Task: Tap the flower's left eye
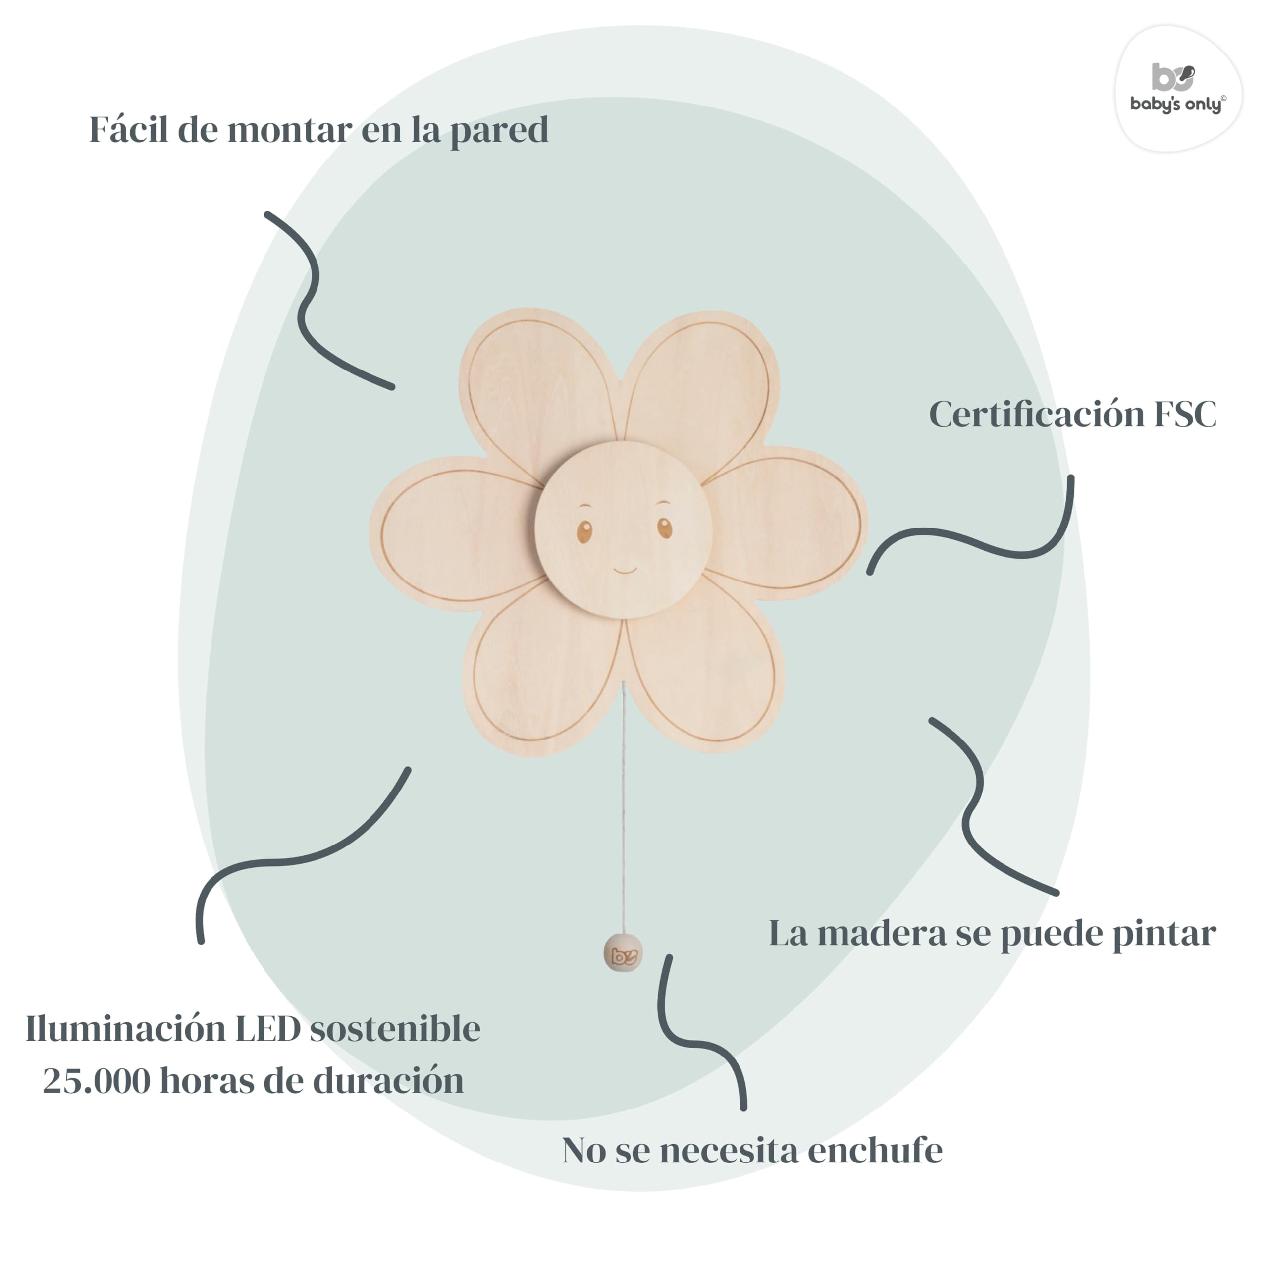click(x=584, y=530)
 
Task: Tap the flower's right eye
click(x=665, y=527)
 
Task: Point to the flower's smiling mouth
click(x=625, y=570)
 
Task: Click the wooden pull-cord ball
click(x=622, y=954)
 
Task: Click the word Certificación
click(x=1036, y=415)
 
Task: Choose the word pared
click(x=499, y=131)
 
